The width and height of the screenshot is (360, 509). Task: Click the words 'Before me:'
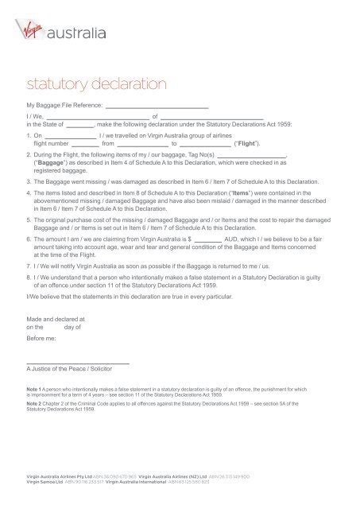coord(42,337)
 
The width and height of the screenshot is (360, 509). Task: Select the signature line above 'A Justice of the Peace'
coord(78,363)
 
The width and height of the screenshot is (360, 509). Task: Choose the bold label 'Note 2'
coord(36,405)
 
